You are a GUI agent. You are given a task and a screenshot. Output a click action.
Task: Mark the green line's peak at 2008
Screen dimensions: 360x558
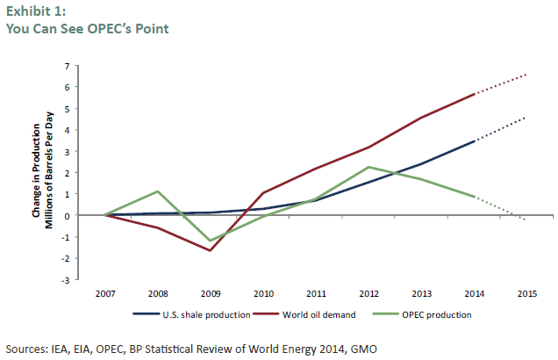coord(157,191)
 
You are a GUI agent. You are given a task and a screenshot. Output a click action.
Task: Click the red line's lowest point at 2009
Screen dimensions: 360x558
coord(211,250)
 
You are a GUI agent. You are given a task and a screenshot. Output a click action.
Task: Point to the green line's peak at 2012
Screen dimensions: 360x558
coord(368,167)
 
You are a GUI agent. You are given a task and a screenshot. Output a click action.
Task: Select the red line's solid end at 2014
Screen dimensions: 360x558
coord(475,94)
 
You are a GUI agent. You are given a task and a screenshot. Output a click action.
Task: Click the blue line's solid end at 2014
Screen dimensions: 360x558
coord(475,140)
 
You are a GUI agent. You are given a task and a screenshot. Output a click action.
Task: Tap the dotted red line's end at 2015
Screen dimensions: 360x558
coord(527,75)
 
